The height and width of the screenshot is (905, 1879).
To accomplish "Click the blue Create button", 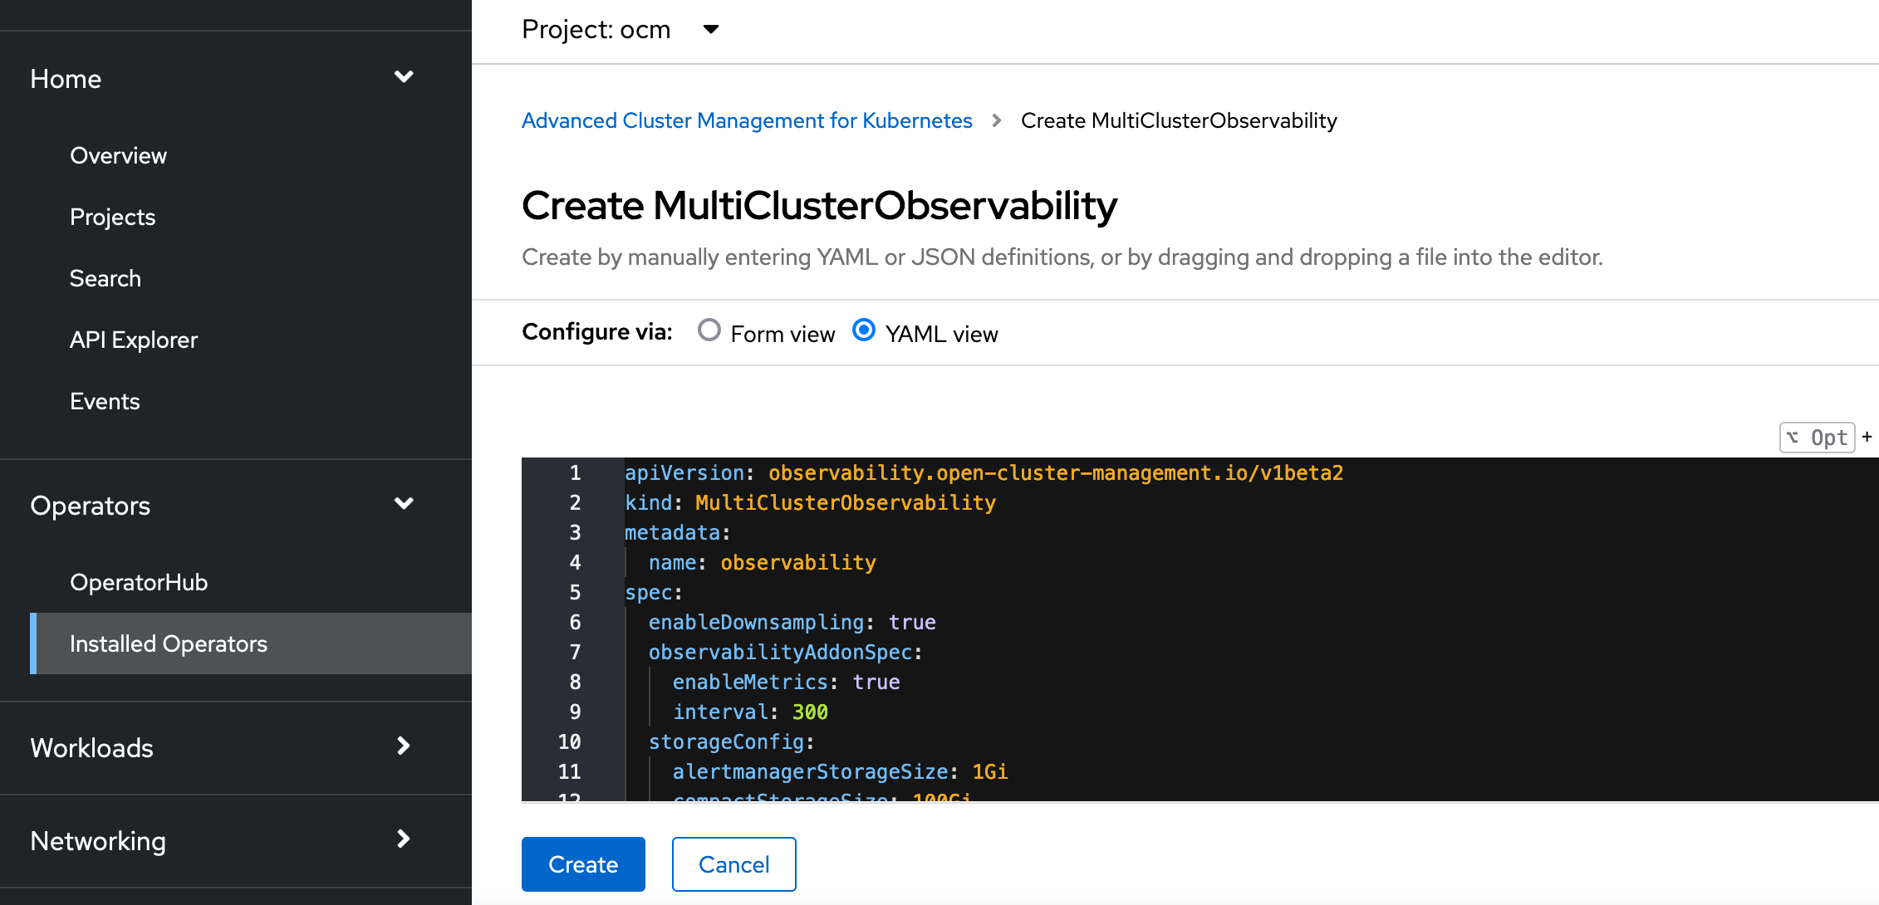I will click(583, 864).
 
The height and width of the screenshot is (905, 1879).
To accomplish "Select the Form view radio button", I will click(709, 330).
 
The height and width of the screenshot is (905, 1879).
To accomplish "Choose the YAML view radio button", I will click(864, 330).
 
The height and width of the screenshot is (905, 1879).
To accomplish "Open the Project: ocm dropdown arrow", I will click(711, 30).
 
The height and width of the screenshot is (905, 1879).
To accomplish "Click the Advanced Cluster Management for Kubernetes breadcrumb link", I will click(747, 120).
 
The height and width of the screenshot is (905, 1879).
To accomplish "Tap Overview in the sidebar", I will click(118, 155).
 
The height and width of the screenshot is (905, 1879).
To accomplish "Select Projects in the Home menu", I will click(112, 217).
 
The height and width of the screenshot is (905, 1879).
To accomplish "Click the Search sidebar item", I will click(105, 278).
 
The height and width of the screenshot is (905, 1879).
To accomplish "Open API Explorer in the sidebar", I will click(134, 340).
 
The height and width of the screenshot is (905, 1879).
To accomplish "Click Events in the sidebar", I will click(105, 401).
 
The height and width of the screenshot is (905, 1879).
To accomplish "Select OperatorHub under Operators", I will click(139, 582).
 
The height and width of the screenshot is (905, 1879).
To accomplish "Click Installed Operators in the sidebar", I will click(169, 643).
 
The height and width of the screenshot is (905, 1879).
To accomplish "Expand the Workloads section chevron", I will click(404, 746).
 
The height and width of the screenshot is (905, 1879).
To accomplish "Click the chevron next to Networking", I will click(404, 839).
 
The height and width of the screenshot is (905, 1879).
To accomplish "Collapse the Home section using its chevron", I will click(404, 77).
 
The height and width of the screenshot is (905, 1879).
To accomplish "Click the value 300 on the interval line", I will click(810, 712).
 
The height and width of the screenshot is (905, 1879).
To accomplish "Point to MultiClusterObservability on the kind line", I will click(845, 503).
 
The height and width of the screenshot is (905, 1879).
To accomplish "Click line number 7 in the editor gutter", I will click(575, 653).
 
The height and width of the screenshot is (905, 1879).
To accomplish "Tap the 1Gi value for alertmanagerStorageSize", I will click(990, 772).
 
